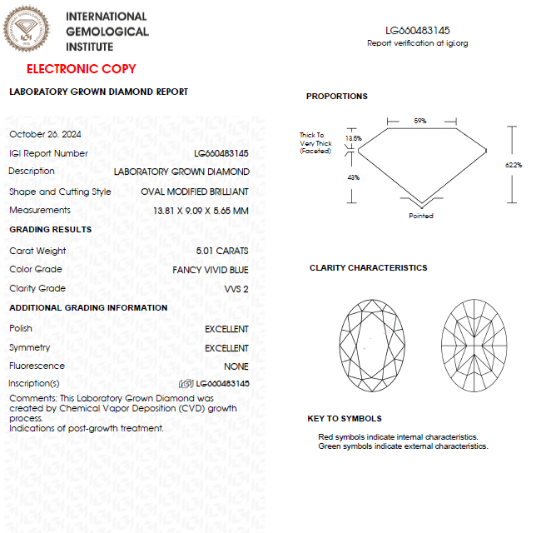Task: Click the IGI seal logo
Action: pos(30,31)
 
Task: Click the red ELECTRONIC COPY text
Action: pos(81,69)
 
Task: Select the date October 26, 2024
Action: pos(45,134)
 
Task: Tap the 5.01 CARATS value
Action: pos(221,251)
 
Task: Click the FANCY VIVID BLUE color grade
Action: pos(210,270)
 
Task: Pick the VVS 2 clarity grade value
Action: pos(236,289)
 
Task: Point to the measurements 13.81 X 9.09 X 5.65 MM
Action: pos(201,211)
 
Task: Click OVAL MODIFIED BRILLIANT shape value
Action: pos(195,192)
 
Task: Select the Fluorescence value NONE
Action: pos(236,366)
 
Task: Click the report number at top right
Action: pos(417,31)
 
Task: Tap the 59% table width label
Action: pos(420,121)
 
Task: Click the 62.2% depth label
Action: pos(514,165)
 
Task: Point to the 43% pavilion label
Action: pos(353,177)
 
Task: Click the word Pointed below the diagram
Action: pos(421,216)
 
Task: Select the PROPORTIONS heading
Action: pos(336,97)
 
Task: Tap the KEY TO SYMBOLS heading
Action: pos(345,419)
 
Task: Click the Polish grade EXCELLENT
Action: pos(226,330)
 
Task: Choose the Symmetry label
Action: pos(29,348)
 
